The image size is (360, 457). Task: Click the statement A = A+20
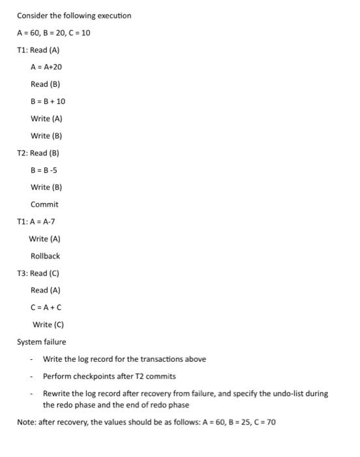[46, 67]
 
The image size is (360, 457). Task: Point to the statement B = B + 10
[48, 101]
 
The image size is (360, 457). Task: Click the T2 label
[22, 153]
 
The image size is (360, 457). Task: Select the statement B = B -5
[44, 170]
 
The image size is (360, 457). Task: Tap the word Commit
[44, 204]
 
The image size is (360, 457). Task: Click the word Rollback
[45, 256]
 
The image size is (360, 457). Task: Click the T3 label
[22, 273]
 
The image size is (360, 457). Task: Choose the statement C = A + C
[46, 307]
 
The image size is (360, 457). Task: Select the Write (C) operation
[48, 324]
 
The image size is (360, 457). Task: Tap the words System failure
[41, 341]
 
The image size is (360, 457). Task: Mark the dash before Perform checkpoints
[31, 376]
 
